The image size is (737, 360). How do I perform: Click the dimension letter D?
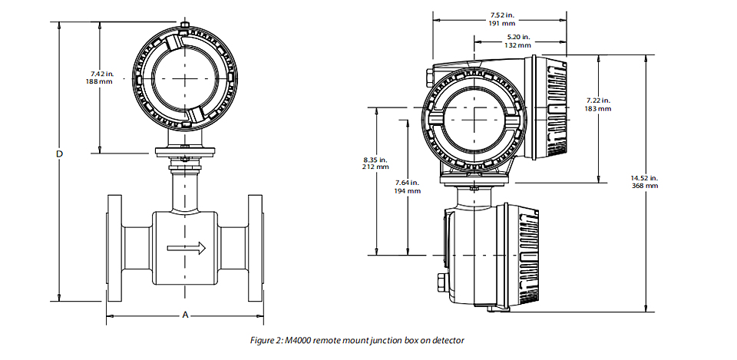tap(60, 154)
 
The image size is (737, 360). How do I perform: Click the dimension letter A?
tap(185, 315)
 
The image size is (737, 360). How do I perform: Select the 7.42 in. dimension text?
tap(102, 74)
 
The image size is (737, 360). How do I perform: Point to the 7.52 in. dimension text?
tap(501, 15)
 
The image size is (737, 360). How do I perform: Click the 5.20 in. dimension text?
tap(518, 37)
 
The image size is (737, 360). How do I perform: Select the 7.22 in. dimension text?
tap(598, 100)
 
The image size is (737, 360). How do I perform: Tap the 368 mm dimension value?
tap(645, 186)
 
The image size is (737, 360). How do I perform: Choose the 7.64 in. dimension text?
tap(407, 183)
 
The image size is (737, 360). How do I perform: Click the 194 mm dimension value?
tap(408, 191)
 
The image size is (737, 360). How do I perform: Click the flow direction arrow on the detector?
tap(187, 248)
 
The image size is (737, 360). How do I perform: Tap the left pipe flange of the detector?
tap(114, 248)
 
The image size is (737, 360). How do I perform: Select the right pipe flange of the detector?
tap(255, 248)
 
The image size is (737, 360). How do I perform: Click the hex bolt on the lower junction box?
tap(443, 281)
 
